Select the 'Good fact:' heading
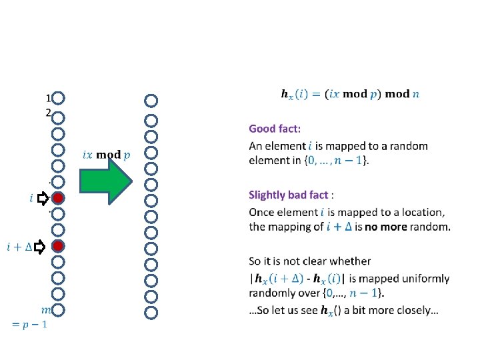(275, 128)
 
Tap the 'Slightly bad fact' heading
(289, 195)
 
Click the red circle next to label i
(59, 197)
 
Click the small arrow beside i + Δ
(40, 247)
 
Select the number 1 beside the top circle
(49, 97)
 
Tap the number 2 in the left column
(48, 113)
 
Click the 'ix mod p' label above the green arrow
(107, 154)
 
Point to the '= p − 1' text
(30, 324)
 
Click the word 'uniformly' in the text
(425, 278)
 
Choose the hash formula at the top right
(351, 94)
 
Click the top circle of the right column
(151, 101)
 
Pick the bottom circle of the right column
(151, 311)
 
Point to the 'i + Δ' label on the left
(19, 247)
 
